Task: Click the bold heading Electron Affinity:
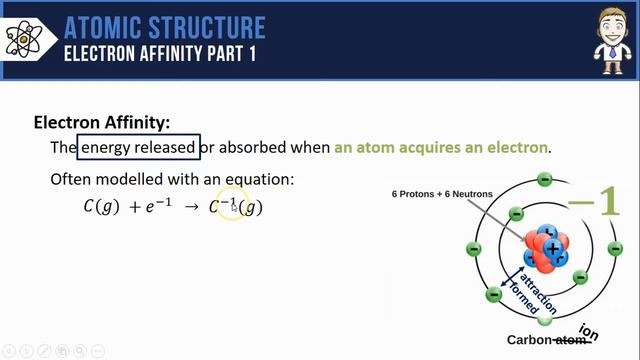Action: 102,122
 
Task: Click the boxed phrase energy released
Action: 138,148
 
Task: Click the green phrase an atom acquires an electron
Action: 441,148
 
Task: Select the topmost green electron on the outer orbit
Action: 544,180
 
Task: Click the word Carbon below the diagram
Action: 529,340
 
